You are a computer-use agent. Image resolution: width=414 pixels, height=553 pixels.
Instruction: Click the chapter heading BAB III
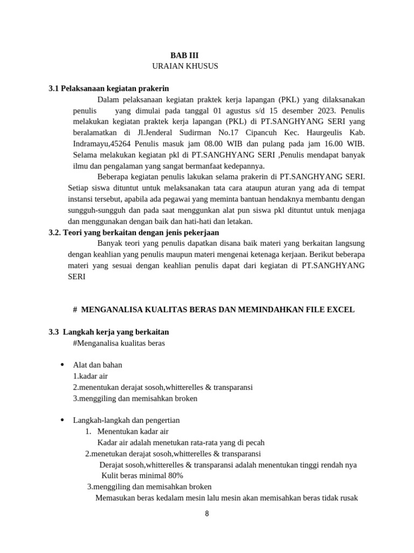coord(184,55)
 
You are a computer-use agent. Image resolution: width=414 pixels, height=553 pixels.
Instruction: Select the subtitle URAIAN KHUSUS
coord(185,66)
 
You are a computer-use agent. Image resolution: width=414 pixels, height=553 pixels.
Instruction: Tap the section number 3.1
coord(54,88)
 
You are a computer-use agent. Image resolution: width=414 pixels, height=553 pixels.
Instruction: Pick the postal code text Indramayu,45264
coord(102,144)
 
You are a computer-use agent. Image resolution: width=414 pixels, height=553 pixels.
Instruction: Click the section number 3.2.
coord(55,232)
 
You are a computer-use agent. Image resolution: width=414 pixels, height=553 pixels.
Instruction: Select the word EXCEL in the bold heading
coord(343,309)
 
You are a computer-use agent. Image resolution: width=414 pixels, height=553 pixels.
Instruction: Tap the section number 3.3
coord(54,332)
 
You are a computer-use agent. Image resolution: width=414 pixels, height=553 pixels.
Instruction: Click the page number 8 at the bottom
coord(206,514)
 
